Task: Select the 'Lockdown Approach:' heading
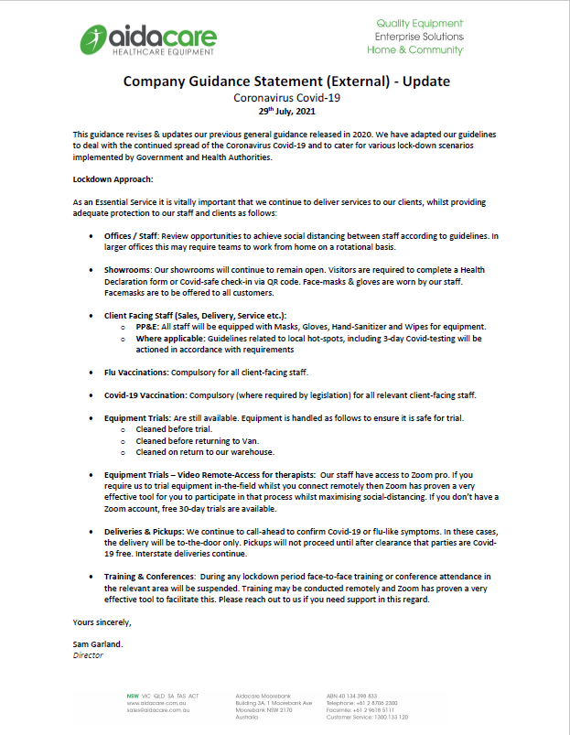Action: (113, 179)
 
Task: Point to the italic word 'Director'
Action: (88, 655)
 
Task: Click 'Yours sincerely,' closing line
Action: (102, 622)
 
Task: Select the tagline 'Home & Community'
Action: (414, 49)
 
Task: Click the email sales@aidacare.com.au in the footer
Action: (158, 710)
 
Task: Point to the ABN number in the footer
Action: (351, 696)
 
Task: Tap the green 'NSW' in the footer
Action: (134, 696)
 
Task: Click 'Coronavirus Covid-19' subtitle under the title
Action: (286, 96)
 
